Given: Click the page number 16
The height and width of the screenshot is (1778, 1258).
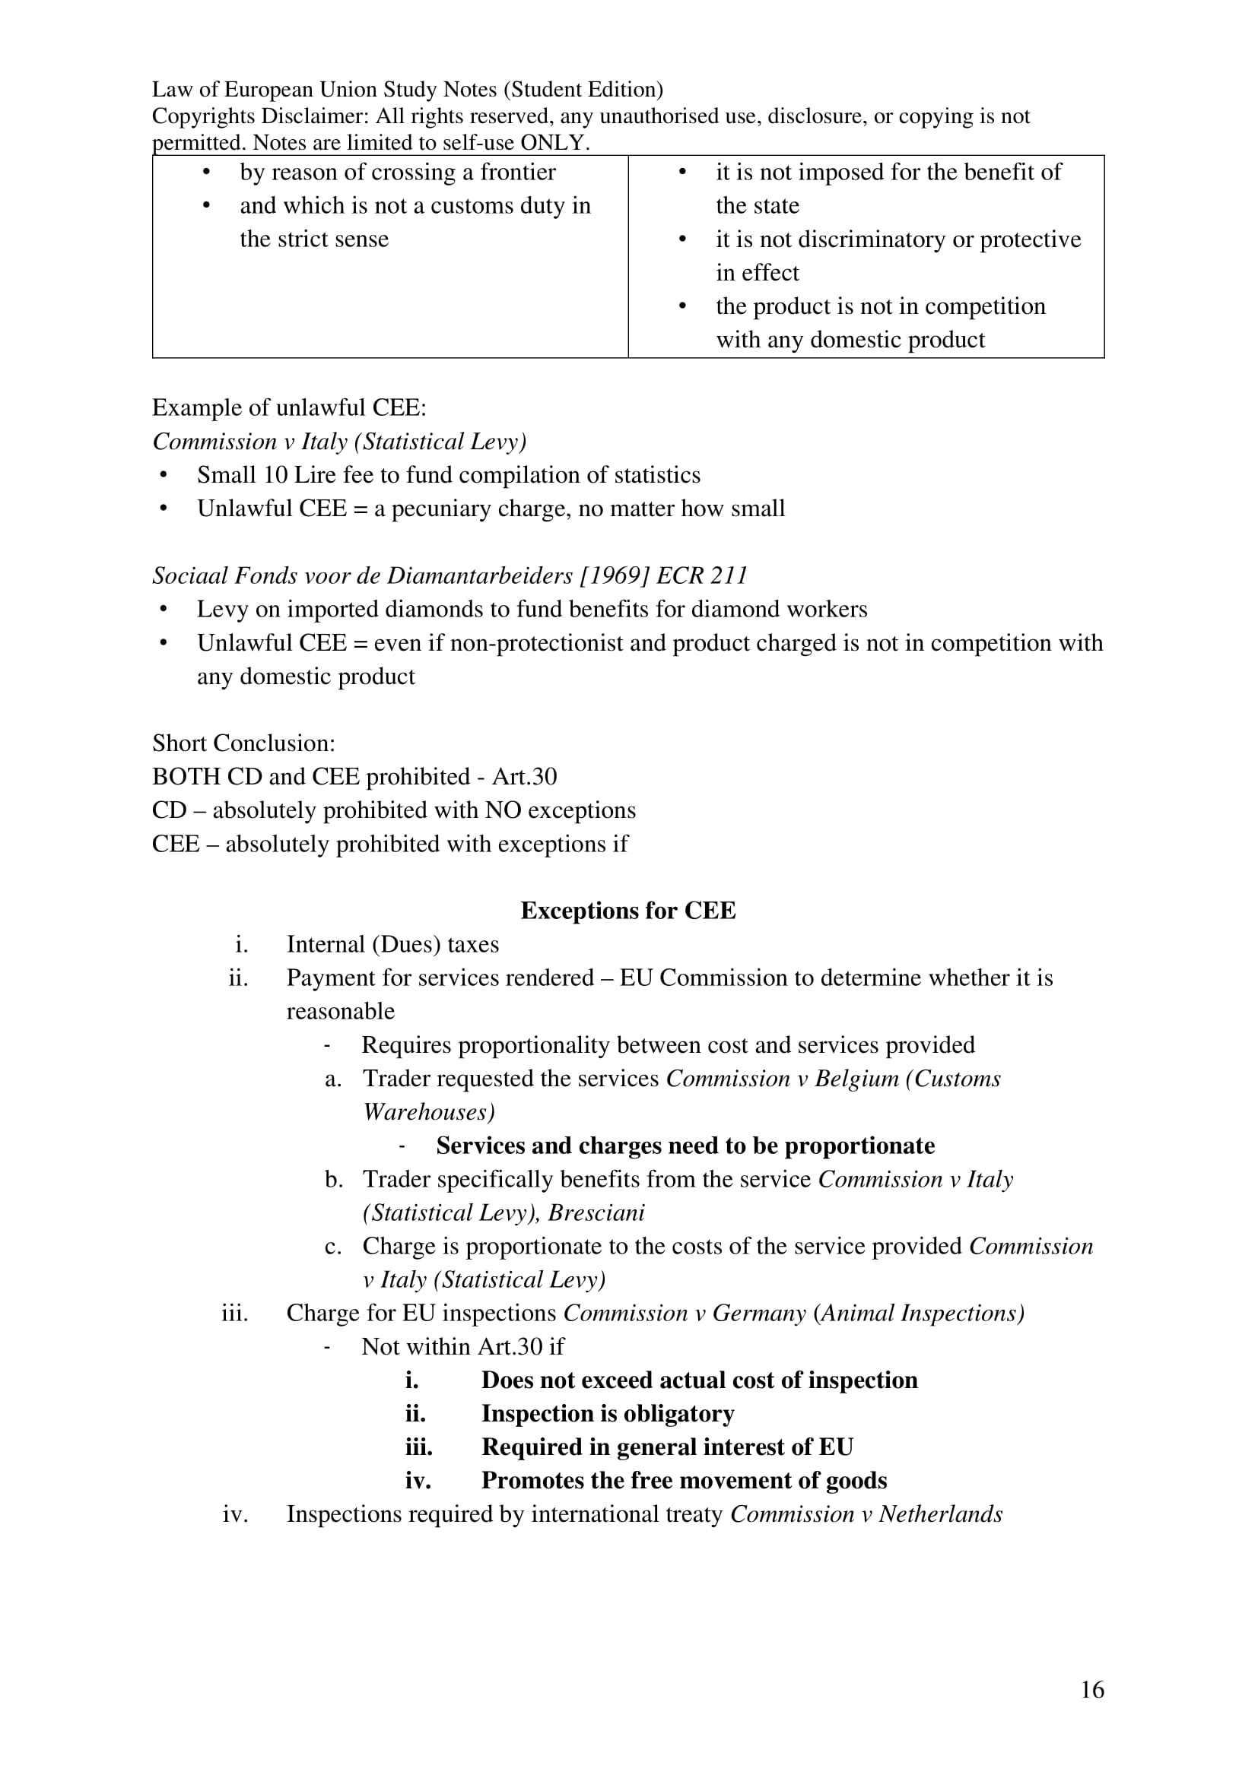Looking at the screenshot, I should [1091, 1690].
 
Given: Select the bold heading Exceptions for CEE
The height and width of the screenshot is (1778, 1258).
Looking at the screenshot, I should [627, 911].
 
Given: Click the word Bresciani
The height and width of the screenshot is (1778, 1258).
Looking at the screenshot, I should [596, 1212].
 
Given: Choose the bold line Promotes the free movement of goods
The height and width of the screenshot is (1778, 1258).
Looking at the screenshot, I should [684, 1481].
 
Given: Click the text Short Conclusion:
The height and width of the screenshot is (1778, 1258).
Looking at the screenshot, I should [243, 743].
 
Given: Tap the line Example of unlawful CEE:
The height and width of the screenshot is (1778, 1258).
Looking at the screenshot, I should [289, 408].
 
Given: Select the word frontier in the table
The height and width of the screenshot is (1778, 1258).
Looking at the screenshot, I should [517, 172].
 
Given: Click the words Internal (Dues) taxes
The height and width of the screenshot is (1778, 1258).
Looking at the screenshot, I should [392, 945].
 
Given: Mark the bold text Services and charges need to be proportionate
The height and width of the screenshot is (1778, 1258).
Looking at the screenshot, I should [685, 1146].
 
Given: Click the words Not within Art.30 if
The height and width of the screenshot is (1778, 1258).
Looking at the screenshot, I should [462, 1347].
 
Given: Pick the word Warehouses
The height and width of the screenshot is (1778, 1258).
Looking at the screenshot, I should [428, 1112].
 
